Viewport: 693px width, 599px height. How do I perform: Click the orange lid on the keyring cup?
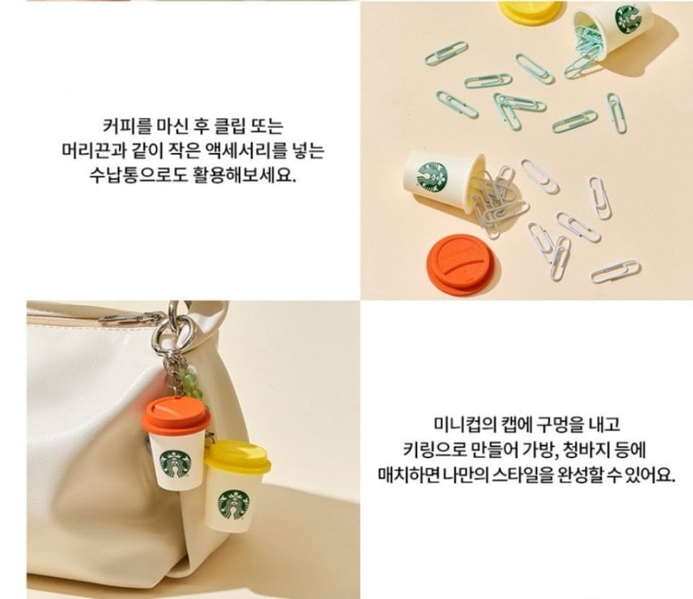click(176, 414)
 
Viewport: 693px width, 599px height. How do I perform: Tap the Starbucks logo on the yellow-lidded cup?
click(234, 505)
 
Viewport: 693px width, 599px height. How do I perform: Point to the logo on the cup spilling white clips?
click(432, 177)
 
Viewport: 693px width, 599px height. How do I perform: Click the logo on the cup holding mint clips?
click(628, 18)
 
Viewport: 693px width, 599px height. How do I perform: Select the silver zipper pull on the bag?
click(132, 318)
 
